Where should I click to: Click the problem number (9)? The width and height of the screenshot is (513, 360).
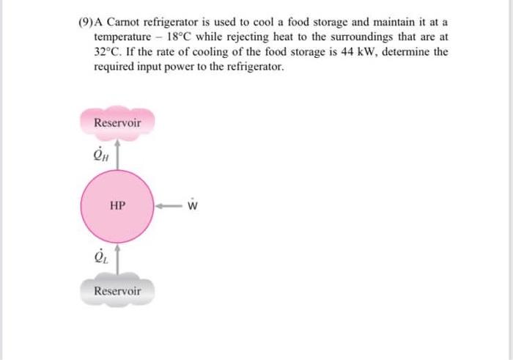tap(86, 22)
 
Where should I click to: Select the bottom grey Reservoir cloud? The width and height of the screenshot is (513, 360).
tap(117, 291)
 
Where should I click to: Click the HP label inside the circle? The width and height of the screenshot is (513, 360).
tap(117, 206)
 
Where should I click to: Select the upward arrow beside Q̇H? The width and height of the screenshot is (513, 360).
tap(117, 155)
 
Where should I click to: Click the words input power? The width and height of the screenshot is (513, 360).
tap(163, 66)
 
